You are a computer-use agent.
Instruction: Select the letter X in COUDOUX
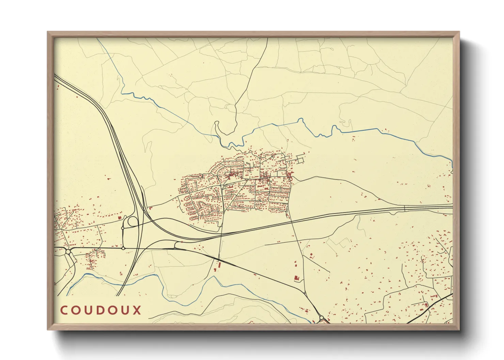click(x=137, y=310)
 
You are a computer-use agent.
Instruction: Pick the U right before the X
click(x=125, y=310)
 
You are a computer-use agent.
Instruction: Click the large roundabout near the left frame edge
click(x=68, y=252)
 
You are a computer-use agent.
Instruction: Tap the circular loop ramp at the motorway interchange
click(x=132, y=222)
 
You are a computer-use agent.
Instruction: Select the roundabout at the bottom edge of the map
click(x=321, y=318)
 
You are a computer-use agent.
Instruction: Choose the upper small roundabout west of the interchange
click(x=123, y=228)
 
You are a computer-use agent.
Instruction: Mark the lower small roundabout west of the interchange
click(x=123, y=248)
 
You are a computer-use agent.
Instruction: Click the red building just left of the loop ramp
click(x=120, y=217)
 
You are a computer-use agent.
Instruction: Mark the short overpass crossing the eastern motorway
click(x=404, y=208)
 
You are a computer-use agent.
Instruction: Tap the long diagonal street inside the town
click(x=238, y=194)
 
